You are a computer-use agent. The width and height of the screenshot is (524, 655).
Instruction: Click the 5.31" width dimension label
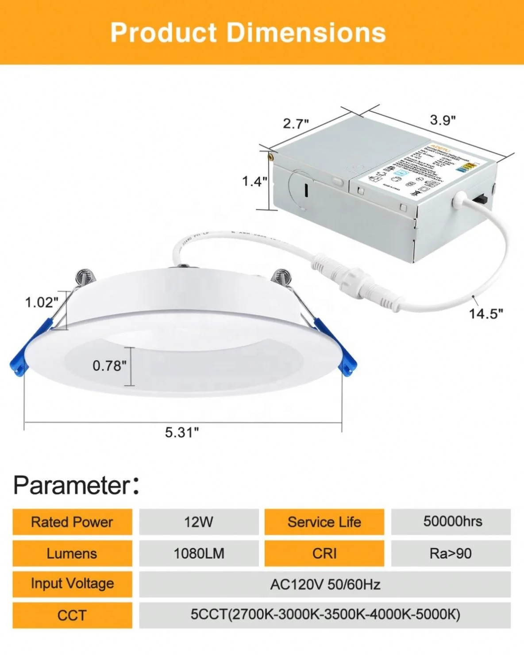[182, 432]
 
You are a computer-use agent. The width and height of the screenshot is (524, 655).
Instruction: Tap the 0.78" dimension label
[109, 366]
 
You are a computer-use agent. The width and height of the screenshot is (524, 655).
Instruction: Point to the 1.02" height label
[42, 303]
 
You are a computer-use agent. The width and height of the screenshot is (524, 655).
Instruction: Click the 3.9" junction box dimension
[443, 120]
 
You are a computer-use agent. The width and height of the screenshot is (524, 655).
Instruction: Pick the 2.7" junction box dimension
[296, 123]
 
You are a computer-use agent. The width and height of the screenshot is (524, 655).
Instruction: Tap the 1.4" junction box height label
[254, 181]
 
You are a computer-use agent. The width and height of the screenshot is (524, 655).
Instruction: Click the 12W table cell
[199, 522]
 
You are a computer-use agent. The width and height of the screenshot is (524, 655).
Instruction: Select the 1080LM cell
[199, 553]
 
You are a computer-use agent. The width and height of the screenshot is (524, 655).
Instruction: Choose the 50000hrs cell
[452, 521]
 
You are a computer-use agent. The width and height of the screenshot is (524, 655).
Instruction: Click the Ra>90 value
[451, 553]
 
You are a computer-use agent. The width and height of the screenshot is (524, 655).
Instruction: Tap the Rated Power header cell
[72, 522]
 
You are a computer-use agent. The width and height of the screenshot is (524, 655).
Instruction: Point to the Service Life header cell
[324, 522]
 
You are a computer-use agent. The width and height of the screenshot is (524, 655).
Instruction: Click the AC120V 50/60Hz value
[325, 585]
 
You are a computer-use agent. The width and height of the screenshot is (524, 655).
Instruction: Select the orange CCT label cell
[72, 615]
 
